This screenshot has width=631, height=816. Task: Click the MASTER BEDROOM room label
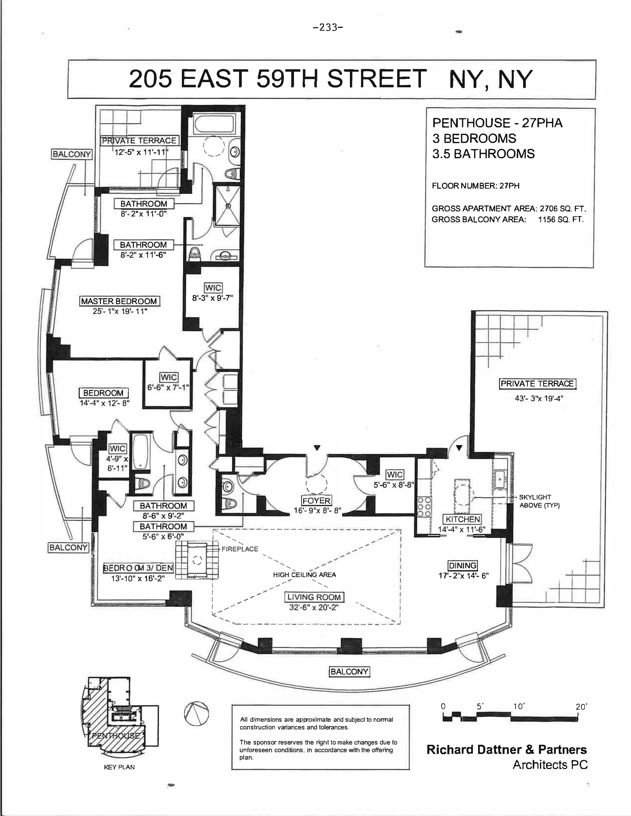(x=119, y=301)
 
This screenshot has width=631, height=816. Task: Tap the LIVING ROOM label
(x=314, y=597)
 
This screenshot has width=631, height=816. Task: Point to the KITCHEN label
(x=462, y=519)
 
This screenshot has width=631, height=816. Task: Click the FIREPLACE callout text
(x=240, y=549)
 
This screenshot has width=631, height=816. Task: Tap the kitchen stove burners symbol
(x=424, y=506)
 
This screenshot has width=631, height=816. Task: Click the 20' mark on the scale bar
(x=581, y=706)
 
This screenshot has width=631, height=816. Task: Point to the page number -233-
(x=328, y=28)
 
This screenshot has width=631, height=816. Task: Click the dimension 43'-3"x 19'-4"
(x=539, y=398)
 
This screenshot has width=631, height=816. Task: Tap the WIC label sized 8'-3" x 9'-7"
(x=213, y=288)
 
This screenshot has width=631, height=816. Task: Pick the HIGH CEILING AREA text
(x=304, y=575)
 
